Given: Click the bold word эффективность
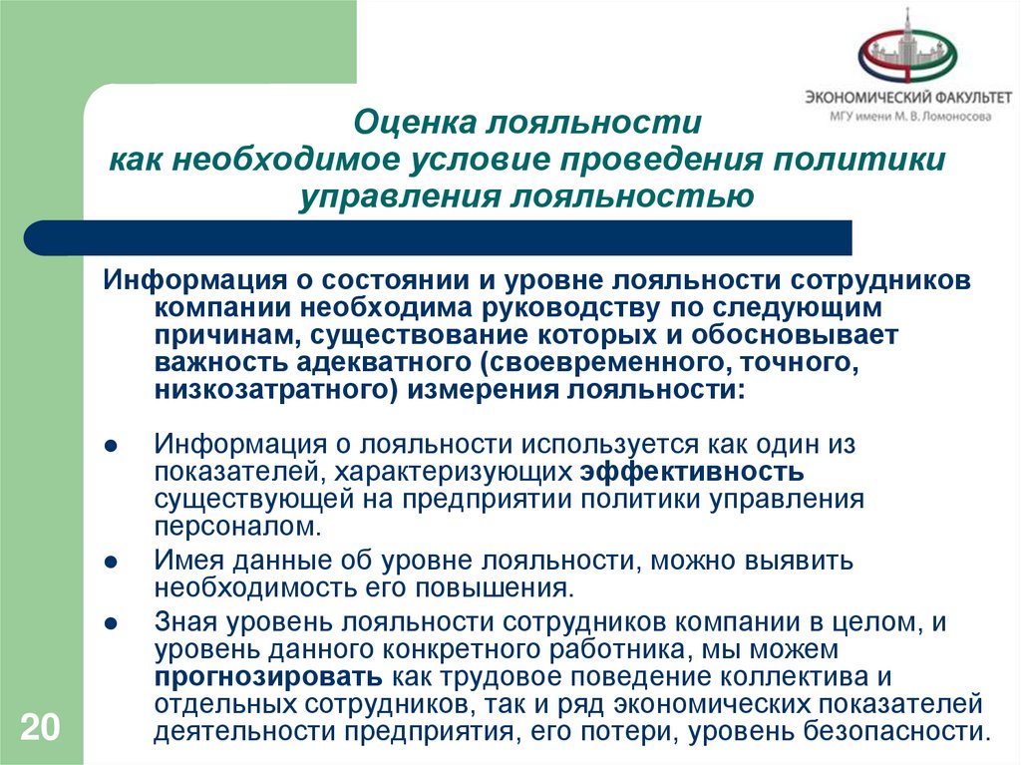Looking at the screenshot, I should pyautogui.click(x=692, y=470).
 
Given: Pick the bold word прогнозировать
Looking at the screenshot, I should pyautogui.click(x=268, y=678).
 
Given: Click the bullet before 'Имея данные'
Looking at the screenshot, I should pyautogui.click(x=113, y=562).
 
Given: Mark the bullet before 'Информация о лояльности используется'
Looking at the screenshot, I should pyautogui.click(x=113, y=444).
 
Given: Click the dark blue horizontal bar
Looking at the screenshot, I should pyautogui.click(x=439, y=238).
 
